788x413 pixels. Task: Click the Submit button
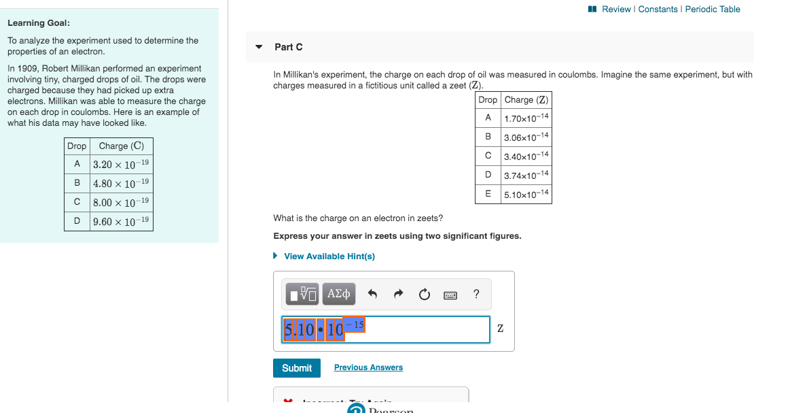coord(297,368)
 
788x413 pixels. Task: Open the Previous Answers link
coord(368,367)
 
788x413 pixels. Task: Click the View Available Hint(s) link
coord(329,257)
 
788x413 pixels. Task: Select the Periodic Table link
coord(713,9)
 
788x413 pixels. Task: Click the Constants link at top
coord(658,9)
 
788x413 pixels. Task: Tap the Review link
coord(616,9)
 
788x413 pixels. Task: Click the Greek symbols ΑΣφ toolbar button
coord(339,294)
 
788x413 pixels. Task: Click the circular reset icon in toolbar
coord(425,295)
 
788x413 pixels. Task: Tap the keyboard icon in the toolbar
coord(450,295)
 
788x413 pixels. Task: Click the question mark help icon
coord(476,294)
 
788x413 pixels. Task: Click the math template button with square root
coord(302,294)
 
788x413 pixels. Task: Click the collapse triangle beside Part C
coord(258,47)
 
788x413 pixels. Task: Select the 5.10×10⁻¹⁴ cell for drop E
coord(526,195)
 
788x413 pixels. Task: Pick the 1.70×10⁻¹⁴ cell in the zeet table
coord(526,118)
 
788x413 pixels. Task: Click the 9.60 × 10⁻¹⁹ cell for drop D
coord(121,222)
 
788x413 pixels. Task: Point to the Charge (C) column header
coord(121,146)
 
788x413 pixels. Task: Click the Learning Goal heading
coord(38,23)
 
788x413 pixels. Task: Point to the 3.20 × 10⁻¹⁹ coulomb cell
coord(121,165)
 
